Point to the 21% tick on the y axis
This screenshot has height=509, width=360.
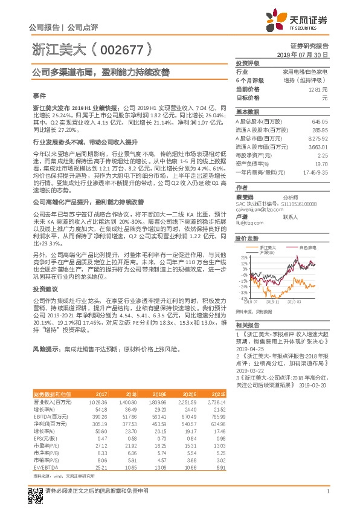(x=243, y=257)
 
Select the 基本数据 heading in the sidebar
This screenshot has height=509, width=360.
(x=248, y=112)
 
